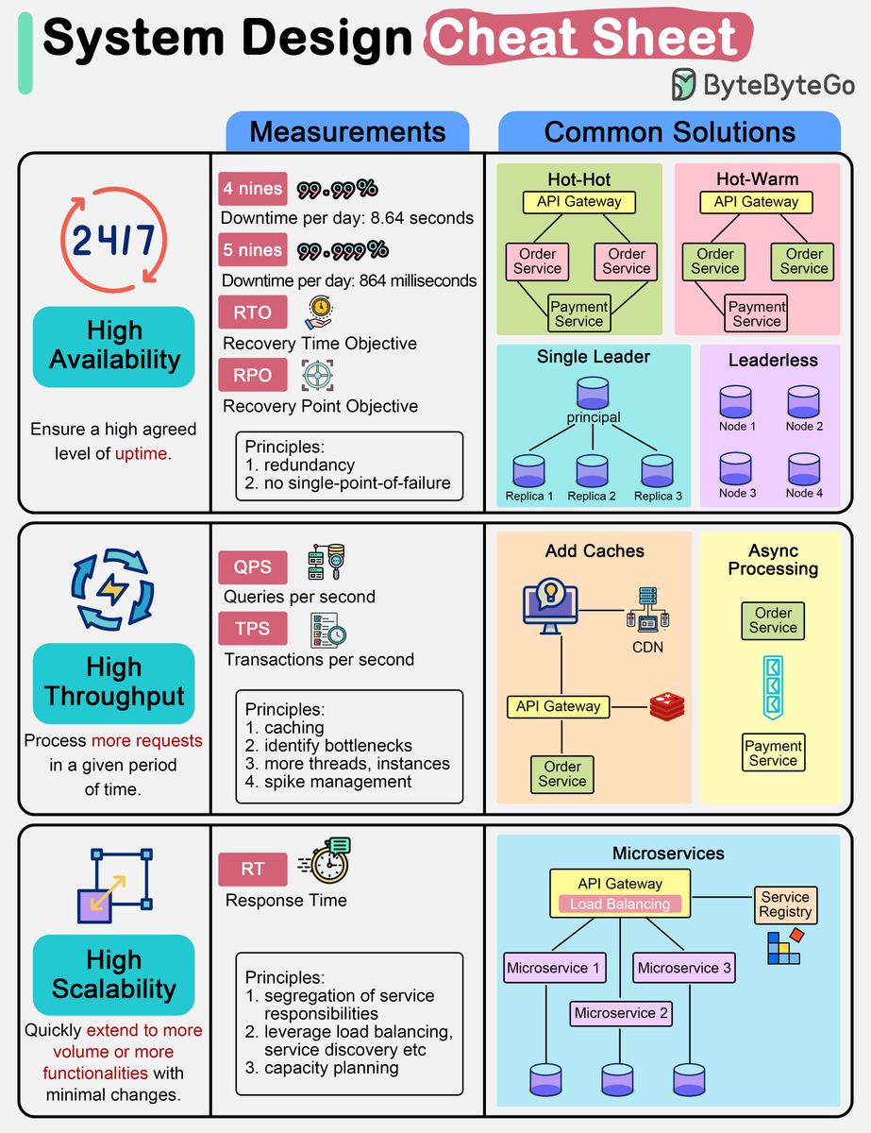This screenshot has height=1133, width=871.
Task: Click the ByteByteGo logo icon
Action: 684,85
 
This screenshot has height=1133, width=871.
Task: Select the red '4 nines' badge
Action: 252,189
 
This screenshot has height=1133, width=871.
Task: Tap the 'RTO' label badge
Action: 252,313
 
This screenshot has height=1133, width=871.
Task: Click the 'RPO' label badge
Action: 252,375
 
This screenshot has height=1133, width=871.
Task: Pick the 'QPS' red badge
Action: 252,566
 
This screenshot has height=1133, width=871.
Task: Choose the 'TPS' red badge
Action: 252,629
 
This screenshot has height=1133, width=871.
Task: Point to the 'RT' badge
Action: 252,869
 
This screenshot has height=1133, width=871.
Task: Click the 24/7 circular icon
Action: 113,241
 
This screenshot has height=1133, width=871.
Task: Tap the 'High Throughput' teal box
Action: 113,682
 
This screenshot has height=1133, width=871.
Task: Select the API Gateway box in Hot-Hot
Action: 579,201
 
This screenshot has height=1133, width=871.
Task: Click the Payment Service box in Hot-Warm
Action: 757,313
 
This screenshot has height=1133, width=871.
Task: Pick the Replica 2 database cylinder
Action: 592,470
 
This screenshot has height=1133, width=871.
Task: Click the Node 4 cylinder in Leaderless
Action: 804,469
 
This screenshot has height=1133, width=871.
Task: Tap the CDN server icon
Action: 647,609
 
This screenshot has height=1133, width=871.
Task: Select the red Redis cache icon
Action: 667,706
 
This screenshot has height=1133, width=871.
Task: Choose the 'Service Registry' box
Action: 785,904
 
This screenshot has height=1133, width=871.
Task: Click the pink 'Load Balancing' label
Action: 619,904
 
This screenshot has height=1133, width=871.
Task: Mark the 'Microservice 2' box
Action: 620,1013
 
